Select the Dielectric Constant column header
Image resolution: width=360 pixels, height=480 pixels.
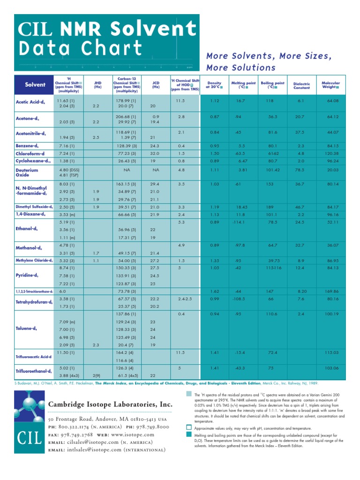coord(301,85)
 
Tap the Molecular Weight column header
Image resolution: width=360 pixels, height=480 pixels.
coord(330,85)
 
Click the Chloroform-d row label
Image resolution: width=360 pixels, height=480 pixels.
coord(30,153)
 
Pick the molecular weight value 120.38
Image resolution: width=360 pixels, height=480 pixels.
coord(331,153)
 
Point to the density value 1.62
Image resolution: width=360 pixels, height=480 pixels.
coord(214,291)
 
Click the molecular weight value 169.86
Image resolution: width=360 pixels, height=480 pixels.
coord(331,291)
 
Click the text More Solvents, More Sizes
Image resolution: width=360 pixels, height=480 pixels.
coord(269,56)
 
